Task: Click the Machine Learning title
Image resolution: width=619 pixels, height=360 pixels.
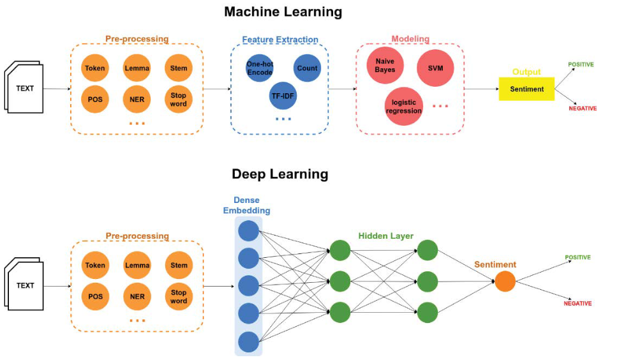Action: coord(283,11)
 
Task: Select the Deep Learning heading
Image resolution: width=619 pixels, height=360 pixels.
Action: coord(280,174)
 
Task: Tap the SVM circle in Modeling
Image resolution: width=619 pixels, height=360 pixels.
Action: coord(435,68)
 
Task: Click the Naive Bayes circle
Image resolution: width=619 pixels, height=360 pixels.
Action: coord(385,66)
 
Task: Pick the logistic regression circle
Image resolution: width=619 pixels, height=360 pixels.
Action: coord(403,106)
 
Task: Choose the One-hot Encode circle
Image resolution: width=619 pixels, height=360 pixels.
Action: coord(259,68)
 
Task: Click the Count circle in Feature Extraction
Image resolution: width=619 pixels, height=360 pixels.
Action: coord(307,68)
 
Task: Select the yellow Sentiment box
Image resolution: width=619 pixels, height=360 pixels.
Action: coord(526,89)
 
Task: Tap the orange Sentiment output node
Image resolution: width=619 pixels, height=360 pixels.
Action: coord(505,281)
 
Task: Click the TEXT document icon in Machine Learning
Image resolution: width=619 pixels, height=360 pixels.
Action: coord(25,88)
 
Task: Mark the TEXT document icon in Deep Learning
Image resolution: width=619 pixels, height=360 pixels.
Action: coord(25,285)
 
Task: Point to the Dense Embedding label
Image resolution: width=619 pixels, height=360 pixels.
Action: coord(246,206)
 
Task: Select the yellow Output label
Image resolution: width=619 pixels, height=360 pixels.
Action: coord(526,72)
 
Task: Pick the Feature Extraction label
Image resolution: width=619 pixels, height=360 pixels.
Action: coord(280,40)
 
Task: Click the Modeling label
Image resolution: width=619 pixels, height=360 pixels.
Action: coord(410,40)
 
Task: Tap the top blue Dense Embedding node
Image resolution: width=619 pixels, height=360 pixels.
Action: coord(248,230)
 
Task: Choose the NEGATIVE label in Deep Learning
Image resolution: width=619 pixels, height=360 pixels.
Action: coord(578,304)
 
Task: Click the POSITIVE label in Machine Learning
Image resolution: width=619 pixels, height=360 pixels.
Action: coord(581,64)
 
